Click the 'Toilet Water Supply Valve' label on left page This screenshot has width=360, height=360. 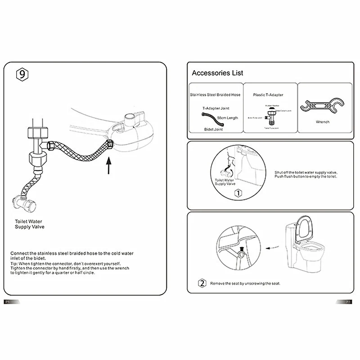tap(29, 224)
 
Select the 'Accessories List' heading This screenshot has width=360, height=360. tap(217, 73)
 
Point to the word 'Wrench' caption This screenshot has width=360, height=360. tap(323, 122)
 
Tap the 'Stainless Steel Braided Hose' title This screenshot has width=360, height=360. tap(215, 95)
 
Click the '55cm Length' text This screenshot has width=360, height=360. tap(227, 118)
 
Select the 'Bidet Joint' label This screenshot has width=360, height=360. tap(213, 129)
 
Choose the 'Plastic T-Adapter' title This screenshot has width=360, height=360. tap(268, 95)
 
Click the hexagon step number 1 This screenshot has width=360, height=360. tap(238, 193)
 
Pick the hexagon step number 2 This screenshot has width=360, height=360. tap(202, 283)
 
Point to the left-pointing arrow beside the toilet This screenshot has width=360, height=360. tap(270, 247)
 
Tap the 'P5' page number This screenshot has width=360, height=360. tap(7, 302)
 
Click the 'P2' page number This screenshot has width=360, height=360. tap(348, 302)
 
